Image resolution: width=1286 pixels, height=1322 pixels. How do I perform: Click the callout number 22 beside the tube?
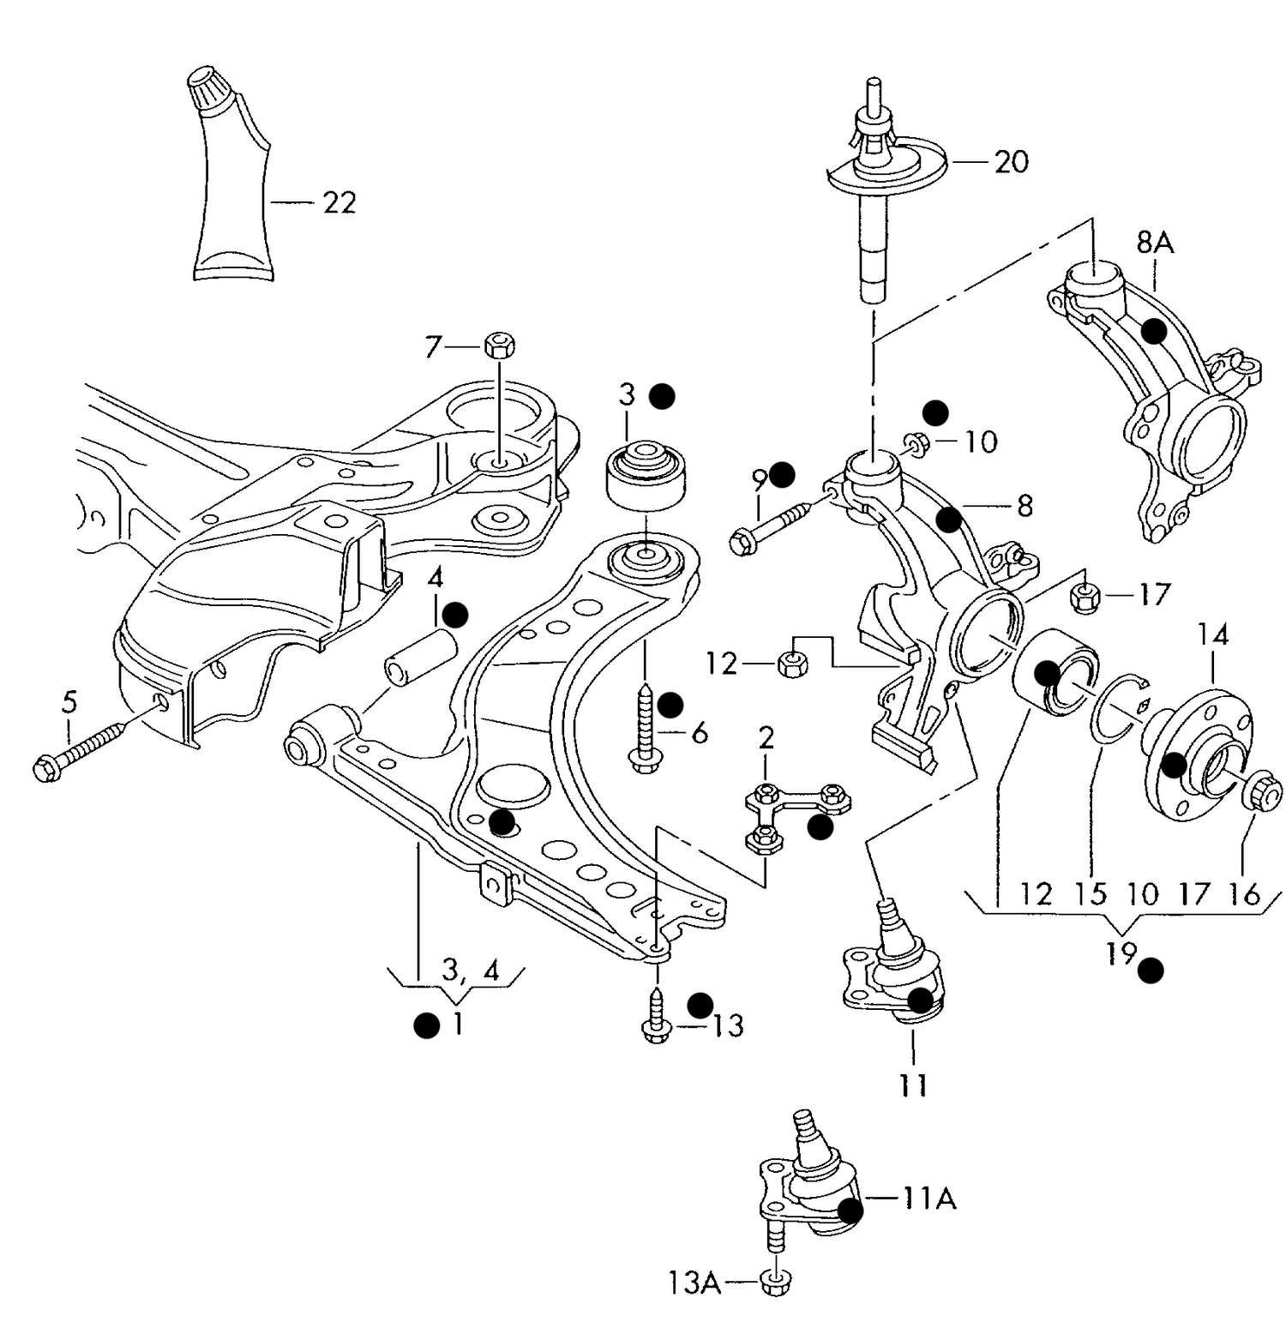(339, 202)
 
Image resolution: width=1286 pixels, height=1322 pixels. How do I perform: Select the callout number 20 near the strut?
(1011, 161)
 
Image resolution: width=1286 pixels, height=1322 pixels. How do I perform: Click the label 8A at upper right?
(1155, 243)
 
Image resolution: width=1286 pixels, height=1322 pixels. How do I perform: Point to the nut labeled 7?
(499, 346)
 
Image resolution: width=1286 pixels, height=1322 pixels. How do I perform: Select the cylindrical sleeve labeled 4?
(419, 657)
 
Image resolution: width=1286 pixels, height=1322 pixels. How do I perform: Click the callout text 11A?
(928, 1198)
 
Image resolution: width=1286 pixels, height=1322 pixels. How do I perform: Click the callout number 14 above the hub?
(1213, 634)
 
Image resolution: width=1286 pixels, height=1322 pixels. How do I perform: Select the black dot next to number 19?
(1151, 970)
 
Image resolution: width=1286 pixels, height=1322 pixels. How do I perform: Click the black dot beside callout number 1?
(426, 1025)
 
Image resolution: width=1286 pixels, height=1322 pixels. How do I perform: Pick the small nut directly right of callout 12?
(792, 663)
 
